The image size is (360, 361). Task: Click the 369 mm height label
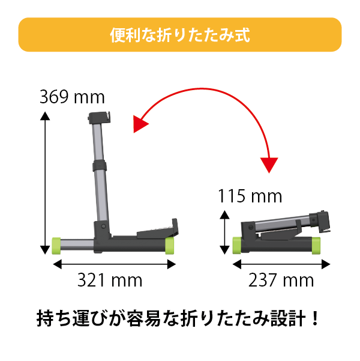click(x=72, y=97)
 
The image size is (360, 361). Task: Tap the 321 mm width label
click(x=110, y=280)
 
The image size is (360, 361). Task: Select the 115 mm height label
click(x=250, y=196)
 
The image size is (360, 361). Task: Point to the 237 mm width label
click(x=281, y=280)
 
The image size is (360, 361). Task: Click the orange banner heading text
click(x=180, y=35)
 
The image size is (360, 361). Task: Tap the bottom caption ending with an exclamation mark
click(x=178, y=318)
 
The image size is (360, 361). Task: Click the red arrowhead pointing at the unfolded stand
click(x=140, y=124)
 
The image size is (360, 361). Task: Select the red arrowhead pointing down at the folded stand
click(x=269, y=165)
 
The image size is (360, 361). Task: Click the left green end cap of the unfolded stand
click(x=56, y=246)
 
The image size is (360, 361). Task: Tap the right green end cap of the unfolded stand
click(x=170, y=246)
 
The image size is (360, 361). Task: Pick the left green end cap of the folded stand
click(x=237, y=246)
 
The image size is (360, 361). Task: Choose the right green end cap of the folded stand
click(x=316, y=246)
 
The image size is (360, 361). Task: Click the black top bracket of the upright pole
click(x=100, y=118)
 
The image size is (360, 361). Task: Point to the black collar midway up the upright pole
click(x=100, y=166)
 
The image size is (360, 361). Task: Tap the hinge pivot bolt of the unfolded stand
click(x=104, y=226)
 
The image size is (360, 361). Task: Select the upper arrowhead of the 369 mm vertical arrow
click(x=45, y=116)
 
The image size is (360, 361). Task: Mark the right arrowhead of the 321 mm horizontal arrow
click(x=172, y=264)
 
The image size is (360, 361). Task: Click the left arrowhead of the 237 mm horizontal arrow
click(x=237, y=264)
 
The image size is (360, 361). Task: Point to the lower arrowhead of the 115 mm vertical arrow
click(x=224, y=250)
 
